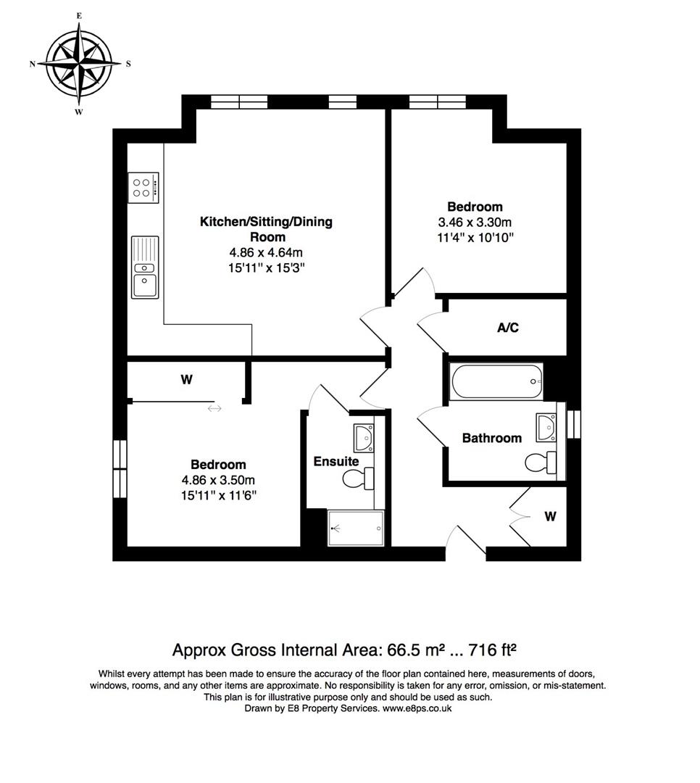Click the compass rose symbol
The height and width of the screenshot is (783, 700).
pyautogui.click(x=79, y=64)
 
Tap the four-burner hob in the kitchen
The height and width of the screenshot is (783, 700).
pyautogui.click(x=143, y=188)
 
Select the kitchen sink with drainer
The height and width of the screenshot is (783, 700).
pyautogui.click(x=145, y=267)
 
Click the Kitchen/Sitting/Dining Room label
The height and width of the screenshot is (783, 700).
pyautogui.click(x=266, y=229)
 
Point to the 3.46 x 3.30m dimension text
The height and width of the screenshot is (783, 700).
pyautogui.click(x=475, y=223)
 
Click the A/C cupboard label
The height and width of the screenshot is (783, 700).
pyautogui.click(x=507, y=328)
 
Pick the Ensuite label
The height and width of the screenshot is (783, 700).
pyautogui.click(x=336, y=461)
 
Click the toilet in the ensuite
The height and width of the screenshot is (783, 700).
pyautogui.click(x=358, y=478)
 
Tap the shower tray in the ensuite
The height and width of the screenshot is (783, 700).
pyautogui.click(x=356, y=528)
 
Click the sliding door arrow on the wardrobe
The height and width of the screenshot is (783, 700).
pyautogui.click(x=214, y=409)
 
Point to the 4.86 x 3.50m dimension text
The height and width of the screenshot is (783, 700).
pyautogui.click(x=218, y=480)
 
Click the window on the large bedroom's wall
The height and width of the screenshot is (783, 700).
pyautogui.click(x=120, y=465)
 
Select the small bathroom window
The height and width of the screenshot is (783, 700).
pyautogui.click(x=574, y=424)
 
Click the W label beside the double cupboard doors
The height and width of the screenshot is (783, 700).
pyautogui.click(x=550, y=517)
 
